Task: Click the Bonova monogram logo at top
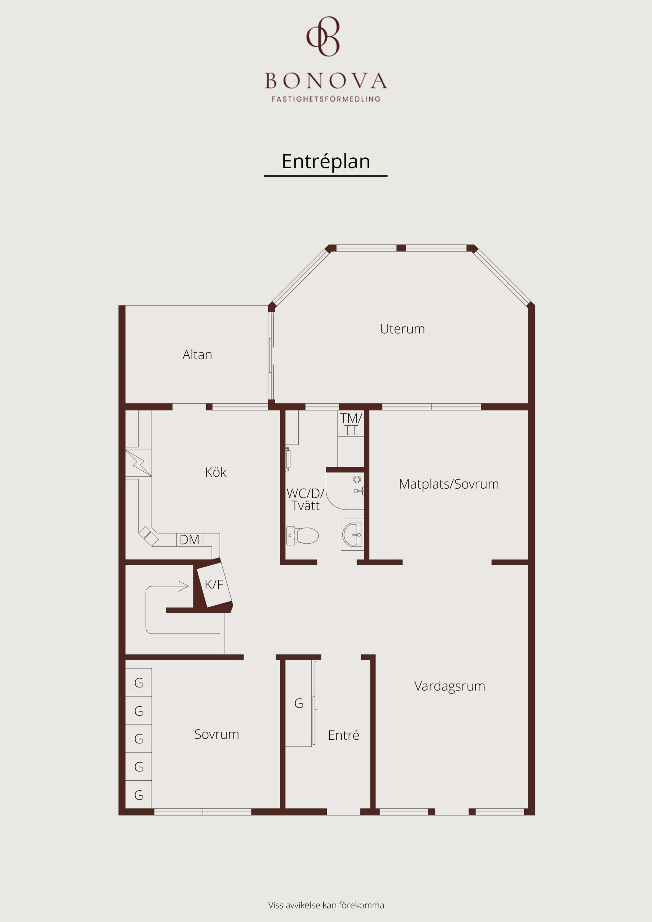323,36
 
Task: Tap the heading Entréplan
326,161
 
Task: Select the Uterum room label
402,329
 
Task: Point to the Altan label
197,355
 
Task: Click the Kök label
216,472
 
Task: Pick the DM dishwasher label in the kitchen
189,540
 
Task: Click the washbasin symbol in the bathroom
352,535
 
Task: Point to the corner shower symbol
345,491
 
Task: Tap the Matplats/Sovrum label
449,484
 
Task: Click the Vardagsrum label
449,686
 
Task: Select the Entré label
344,735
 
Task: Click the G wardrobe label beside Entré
298,703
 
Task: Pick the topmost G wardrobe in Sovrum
139,683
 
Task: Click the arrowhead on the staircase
184,586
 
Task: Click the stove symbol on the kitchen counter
139,463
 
